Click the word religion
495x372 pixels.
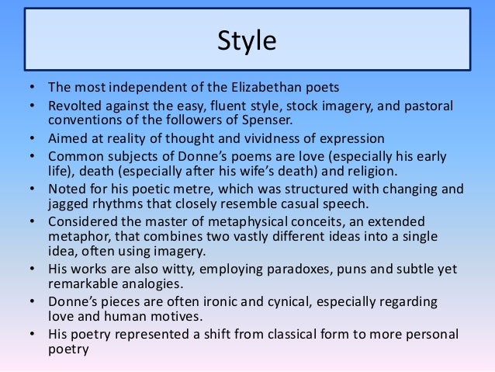(x=366, y=171)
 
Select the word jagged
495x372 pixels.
(x=69, y=204)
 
